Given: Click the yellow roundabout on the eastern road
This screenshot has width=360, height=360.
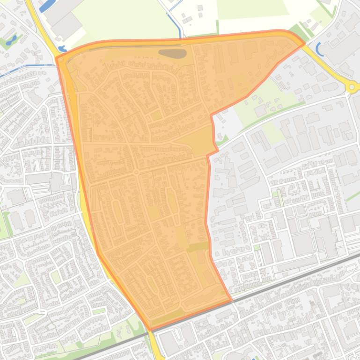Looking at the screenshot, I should [352, 86].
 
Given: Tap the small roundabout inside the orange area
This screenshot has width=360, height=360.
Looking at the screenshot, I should [136, 173].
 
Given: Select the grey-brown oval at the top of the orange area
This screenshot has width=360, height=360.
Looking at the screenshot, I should [172, 53].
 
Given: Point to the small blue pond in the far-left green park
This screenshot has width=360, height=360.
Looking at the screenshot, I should [11, 39].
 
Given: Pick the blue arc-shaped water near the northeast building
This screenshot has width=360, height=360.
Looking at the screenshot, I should [320, 49].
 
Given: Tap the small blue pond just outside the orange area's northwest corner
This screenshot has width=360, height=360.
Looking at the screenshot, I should [62, 49].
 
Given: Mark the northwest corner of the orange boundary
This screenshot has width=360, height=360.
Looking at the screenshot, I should [57, 58].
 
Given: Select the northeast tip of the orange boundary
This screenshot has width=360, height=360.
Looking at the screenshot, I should [303, 43].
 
